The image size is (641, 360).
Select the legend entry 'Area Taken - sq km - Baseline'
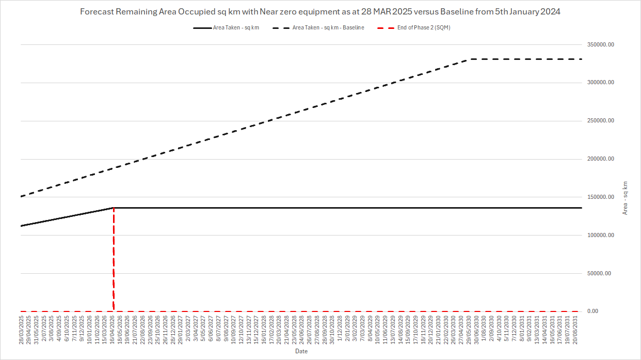click(328, 28)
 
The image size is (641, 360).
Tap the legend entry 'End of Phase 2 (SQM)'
click(424, 28)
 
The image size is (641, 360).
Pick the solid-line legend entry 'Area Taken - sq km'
click(236, 28)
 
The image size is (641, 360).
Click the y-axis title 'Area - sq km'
click(626, 198)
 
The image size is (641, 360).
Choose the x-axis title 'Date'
click(301, 351)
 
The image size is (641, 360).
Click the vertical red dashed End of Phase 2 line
click(113, 258)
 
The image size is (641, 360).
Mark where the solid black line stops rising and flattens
click(113, 208)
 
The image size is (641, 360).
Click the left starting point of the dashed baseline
click(21, 196)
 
